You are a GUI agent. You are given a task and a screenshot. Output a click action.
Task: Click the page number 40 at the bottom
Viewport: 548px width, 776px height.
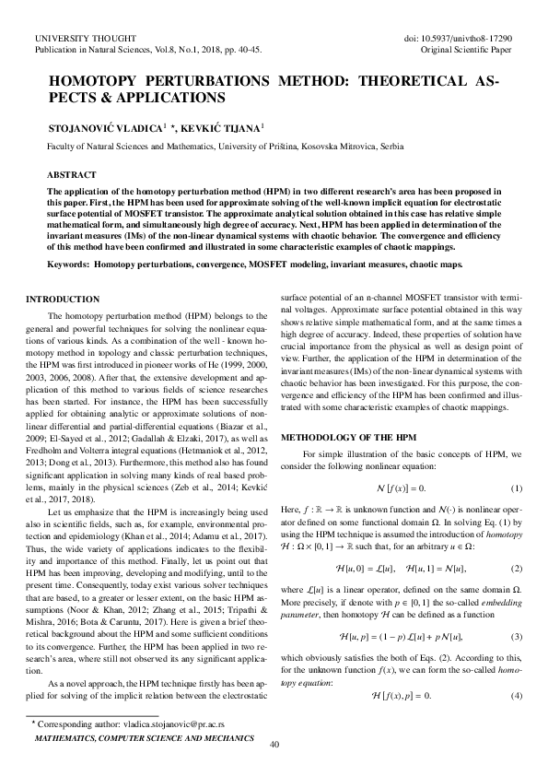tap(274, 744)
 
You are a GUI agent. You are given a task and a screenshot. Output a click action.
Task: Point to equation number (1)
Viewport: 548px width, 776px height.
tap(517, 487)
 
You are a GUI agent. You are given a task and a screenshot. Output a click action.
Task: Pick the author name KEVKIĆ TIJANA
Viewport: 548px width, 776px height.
tap(227, 126)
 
